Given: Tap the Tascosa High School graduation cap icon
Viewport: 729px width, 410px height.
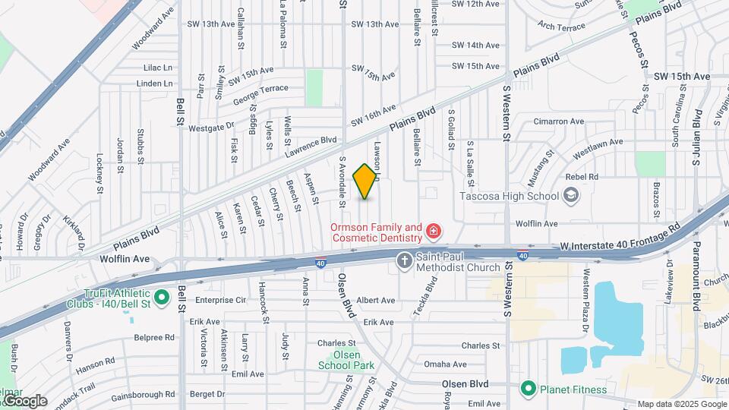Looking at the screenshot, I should [570, 197].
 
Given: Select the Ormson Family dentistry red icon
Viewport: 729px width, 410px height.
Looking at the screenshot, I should [434, 230].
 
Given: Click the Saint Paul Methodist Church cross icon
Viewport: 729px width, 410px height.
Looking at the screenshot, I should [404, 261].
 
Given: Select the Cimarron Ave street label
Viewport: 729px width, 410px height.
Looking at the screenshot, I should [558, 121].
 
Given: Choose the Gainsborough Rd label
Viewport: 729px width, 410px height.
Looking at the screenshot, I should [143, 395].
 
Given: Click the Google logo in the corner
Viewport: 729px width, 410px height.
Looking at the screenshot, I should [24, 400].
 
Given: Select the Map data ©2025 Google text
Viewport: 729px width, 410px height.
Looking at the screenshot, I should [681, 404].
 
